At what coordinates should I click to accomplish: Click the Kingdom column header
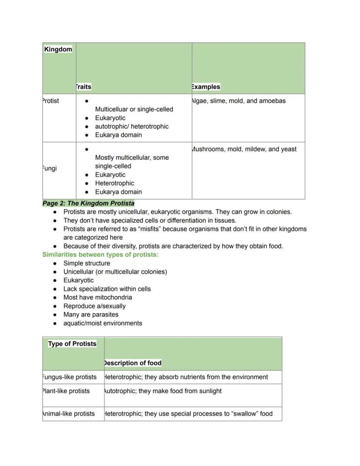coord(58,49)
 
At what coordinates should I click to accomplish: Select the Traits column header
coord(83,87)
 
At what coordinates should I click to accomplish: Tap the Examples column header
coord(206,87)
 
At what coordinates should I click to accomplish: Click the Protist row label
coord(51,101)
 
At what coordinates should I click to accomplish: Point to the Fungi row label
coord(50,168)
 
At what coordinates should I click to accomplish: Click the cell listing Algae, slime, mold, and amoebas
coord(238,101)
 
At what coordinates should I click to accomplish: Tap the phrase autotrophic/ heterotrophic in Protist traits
coord(132,126)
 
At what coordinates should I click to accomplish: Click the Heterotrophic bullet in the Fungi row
coord(114,183)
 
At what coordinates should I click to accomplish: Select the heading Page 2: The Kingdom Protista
coord(88,203)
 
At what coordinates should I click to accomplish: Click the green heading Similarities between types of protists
coord(100,255)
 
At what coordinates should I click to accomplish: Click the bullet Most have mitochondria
coord(97,297)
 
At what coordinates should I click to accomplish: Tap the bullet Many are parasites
coord(90,314)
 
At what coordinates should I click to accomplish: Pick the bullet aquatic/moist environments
coord(103,323)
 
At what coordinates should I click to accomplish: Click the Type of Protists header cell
coord(72,344)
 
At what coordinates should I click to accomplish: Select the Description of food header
coord(133,363)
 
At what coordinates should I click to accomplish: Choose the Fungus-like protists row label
coord(70,377)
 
